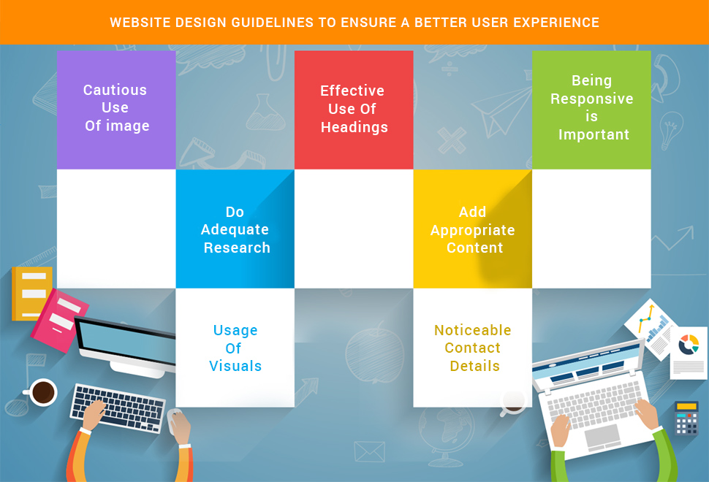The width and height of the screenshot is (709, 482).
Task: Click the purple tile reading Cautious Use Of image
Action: coord(116,109)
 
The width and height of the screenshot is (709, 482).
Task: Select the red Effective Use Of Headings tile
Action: coord(354,110)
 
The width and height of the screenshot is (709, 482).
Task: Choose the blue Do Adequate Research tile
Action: coord(235,229)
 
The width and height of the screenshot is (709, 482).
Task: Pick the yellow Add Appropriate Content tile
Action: coord(472,229)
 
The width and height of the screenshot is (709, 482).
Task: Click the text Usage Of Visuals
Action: coord(235,348)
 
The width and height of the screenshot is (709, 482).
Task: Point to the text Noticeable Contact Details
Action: coord(473,348)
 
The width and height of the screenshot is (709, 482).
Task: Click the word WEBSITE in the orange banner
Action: coord(140,23)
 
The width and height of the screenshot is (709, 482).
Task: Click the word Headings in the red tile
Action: coord(354,128)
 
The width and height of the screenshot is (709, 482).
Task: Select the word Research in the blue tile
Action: coord(237,248)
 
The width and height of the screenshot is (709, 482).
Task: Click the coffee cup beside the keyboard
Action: coord(42,393)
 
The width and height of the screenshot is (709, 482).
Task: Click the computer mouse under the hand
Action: coord(175,418)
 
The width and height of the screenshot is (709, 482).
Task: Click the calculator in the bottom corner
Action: coord(686,419)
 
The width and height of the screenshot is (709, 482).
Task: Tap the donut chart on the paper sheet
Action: coord(689,343)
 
